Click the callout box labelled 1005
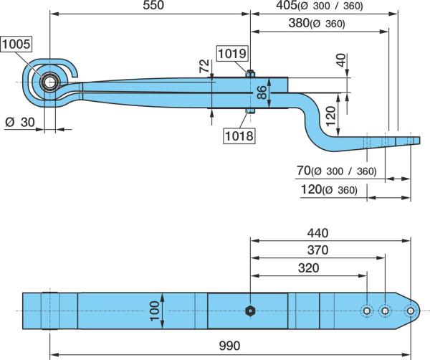(x=16, y=44)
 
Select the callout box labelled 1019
(x=232, y=54)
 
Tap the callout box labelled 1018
(x=239, y=136)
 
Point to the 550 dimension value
(x=153, y=5)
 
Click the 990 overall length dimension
(x=229, y=346)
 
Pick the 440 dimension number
(x=317, y=233)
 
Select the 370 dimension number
(x=317, y=250)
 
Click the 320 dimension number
(x=308, y=268)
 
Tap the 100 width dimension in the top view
(x=154, y=311)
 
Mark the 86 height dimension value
(x=262, y=93)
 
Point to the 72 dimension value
(x=204, y=66)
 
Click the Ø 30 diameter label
(x=20, y=122)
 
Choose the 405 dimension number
(x=287, y=5)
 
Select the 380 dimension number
(x=299, y=23)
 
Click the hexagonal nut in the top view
(x=250, y=311)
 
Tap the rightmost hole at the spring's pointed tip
(x=410, y=311)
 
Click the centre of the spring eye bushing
(x=49, y=82)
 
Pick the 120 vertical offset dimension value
(x=331, y=115)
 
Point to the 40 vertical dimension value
(x=342, y=60)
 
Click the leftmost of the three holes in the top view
(x=367, y=311)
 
